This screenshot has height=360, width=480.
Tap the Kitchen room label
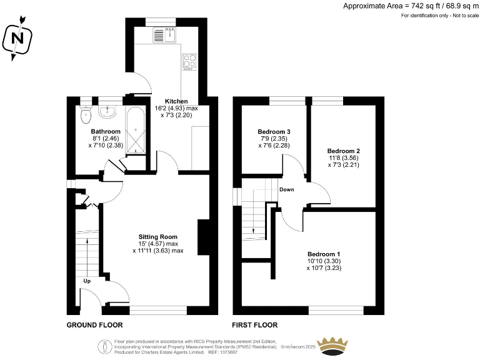point(176,101)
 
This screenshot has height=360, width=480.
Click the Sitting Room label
point(158,237)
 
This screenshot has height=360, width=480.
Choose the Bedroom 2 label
point(343,151)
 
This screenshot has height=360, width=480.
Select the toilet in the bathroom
point(86,114)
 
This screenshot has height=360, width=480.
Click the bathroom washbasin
point(107,111)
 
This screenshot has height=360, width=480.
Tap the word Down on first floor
point(286,189)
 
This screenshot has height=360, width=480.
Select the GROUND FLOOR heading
point(95,325)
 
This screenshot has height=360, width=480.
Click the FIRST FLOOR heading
point(254,325)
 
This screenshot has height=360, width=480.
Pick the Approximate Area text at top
point(410,6)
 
